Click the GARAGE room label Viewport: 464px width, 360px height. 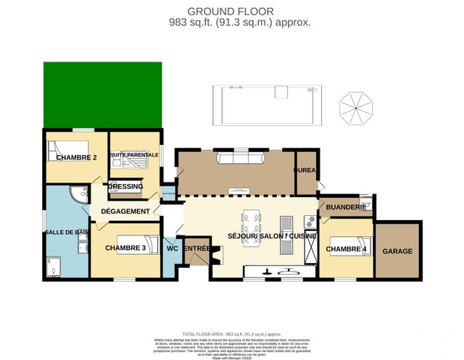click(397, 251)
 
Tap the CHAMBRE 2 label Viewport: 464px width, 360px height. click(76, 157)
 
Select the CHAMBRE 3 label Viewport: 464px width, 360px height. click(125, 248)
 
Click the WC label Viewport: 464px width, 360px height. click(172, 248)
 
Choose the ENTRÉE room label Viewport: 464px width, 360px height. click(196, 248)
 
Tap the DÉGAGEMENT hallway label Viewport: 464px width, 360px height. click(125, 212)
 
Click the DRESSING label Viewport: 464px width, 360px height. click(126, 186)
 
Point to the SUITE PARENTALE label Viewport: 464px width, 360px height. click(133, 155)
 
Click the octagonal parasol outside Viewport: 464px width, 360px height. click(357, 106)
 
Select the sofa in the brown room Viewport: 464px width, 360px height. click(237, 158)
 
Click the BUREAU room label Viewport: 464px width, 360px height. click(305, 170)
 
